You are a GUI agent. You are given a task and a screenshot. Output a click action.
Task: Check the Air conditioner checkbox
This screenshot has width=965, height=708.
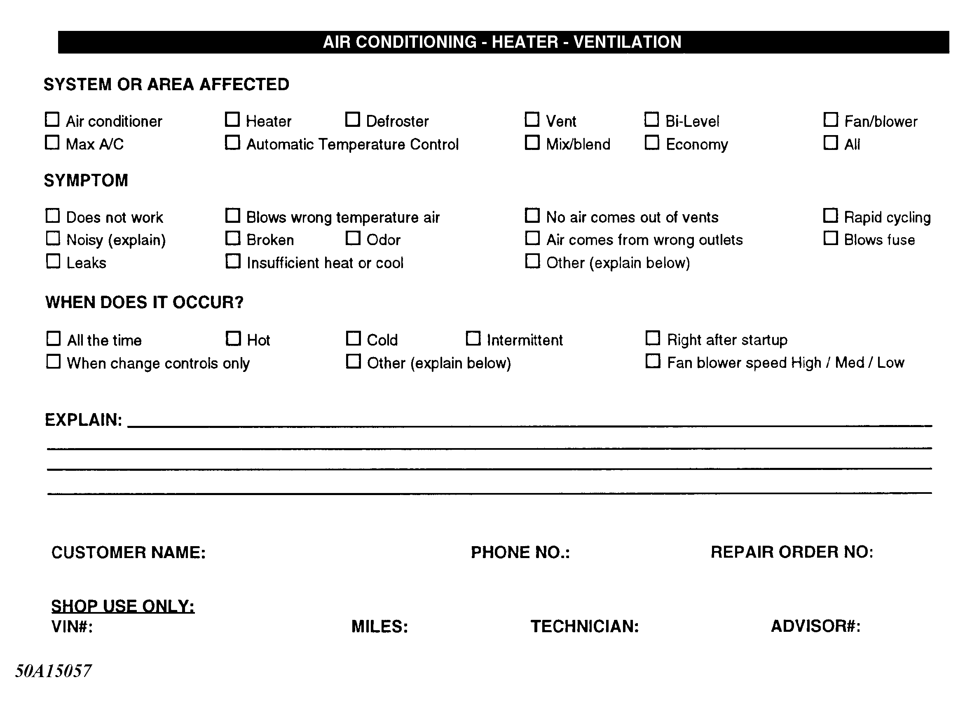(52, 119)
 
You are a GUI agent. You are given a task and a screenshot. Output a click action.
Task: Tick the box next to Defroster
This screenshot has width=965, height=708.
(352, 119)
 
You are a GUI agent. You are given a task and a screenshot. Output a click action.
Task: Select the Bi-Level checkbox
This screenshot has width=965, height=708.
(651, 119)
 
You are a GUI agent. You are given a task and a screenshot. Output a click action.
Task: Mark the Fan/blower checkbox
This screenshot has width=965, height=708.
(831, 119)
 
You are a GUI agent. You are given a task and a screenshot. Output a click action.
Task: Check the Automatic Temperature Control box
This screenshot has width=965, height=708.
(232, 143)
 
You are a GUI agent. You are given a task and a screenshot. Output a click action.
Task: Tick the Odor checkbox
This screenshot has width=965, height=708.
(353, 238)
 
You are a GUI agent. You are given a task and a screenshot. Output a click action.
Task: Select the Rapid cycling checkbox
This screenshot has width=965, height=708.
(830, 215)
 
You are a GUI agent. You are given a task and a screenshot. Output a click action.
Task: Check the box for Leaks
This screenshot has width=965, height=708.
(53, 261)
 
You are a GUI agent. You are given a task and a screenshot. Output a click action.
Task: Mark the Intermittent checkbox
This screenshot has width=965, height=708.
(473, 338)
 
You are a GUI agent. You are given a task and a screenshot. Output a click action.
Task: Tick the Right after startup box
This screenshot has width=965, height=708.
(653, 338)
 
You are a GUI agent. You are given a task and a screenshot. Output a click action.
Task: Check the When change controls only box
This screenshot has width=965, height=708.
(53, 361)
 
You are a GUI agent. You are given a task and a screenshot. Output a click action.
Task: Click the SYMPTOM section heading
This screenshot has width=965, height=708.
(86, 180)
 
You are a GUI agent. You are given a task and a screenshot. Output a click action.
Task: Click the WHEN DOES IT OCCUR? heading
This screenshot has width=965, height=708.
(144, 302)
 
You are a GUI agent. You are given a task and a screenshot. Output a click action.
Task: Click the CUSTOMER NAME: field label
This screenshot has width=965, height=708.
(129, 552)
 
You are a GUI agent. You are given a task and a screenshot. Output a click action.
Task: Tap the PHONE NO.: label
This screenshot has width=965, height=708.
(520, 552)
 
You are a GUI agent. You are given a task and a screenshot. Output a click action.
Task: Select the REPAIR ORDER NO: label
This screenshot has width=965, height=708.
(792, 552)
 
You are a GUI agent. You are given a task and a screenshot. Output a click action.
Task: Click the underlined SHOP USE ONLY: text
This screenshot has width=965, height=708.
(123, 605)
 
